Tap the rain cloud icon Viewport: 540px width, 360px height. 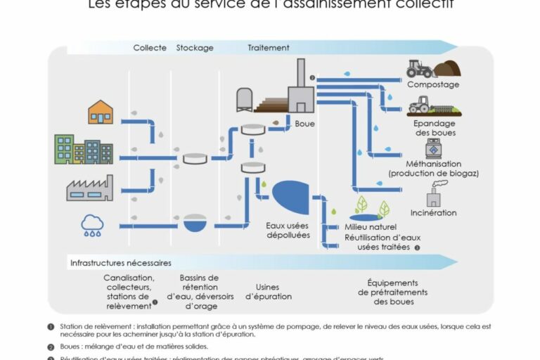pyautogui.click(x=92, y=225)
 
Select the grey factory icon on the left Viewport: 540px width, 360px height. pyautogui.click(x=89, y=188)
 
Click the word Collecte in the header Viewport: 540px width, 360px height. pyautogui.click(x=150, y=48)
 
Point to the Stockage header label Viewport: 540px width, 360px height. pyautogui.click(x=195, y=48)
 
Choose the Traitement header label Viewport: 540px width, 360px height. pyautogui.click(x=269, y=48)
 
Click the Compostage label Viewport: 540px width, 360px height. pyautogui.click(x=433, y=84)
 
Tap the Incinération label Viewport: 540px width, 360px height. pyautogui.click(x=433, y=212)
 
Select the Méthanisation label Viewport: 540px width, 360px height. pyautogui.click(x=433, y=162)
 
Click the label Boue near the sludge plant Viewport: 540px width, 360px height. pyautogui.click(x=305, y=124)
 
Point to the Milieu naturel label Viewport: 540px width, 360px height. pyautogui.click(x=371, y=227)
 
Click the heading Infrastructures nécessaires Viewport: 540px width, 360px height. pyautogui.click(x=120, y=263)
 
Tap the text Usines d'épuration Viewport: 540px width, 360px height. pyautogui.click(x=269, y=292)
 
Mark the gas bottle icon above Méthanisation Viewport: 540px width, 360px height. pyautogui.click(x=432, y=148)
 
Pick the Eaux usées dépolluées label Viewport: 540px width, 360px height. pyautogui.click(x=288, y=231)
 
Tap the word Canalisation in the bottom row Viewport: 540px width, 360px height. pyautogui.click(x=129, y=278)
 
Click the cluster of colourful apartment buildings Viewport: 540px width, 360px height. pyautogui.click(x=84, y=149)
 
